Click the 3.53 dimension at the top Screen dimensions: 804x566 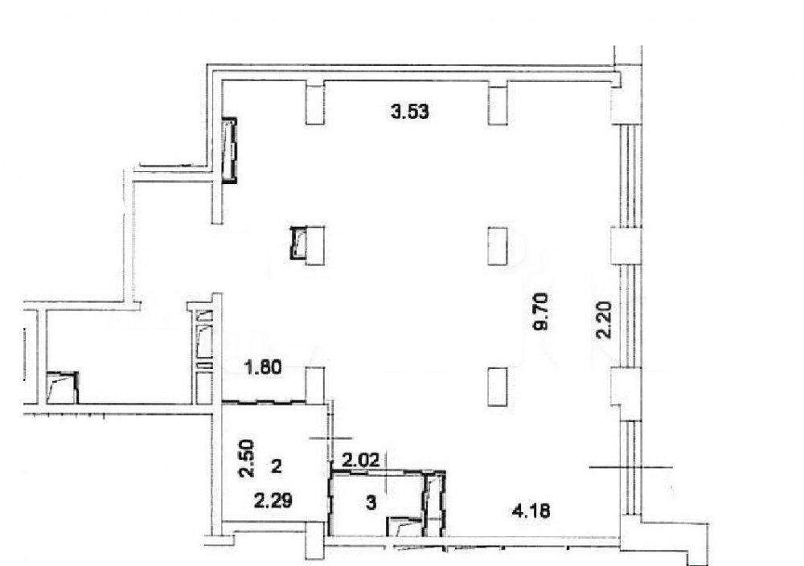(x=410, y=111)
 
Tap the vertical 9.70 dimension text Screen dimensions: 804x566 (x=541, y=311)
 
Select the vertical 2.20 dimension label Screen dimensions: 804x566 (x=604, y=320)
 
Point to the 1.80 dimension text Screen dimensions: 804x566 (x=264, y=367)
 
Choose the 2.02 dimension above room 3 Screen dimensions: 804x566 (x=362, y=459)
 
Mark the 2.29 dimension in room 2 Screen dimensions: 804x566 (x=274, y=500)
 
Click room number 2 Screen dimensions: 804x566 (x=277, y=466)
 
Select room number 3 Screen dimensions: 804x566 (x=371, y=502)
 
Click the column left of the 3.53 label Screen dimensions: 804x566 (x=315, y=103)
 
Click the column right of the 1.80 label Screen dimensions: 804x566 (x=315, y=386)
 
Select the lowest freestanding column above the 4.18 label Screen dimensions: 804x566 (x=498, y=387)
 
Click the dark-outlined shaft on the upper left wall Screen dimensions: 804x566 (x=229, y=150)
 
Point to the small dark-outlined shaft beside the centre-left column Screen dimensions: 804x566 (x=298, y=243)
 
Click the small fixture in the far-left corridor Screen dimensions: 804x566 (x=62, y=388)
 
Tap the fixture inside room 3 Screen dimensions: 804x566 (x=405, y=527)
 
